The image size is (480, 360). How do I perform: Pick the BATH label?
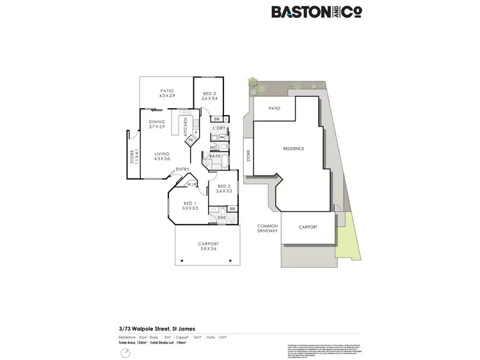214,156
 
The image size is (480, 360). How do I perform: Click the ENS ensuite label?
221,218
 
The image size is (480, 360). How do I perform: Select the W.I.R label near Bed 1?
191,185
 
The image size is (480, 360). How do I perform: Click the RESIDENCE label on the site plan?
294,149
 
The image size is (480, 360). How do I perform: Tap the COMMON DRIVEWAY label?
268,229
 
